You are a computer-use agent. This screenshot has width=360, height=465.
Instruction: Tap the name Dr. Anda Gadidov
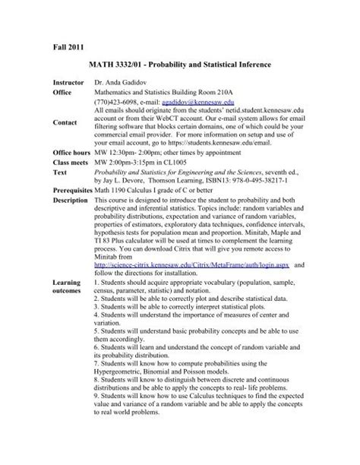(x=125, y=81)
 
